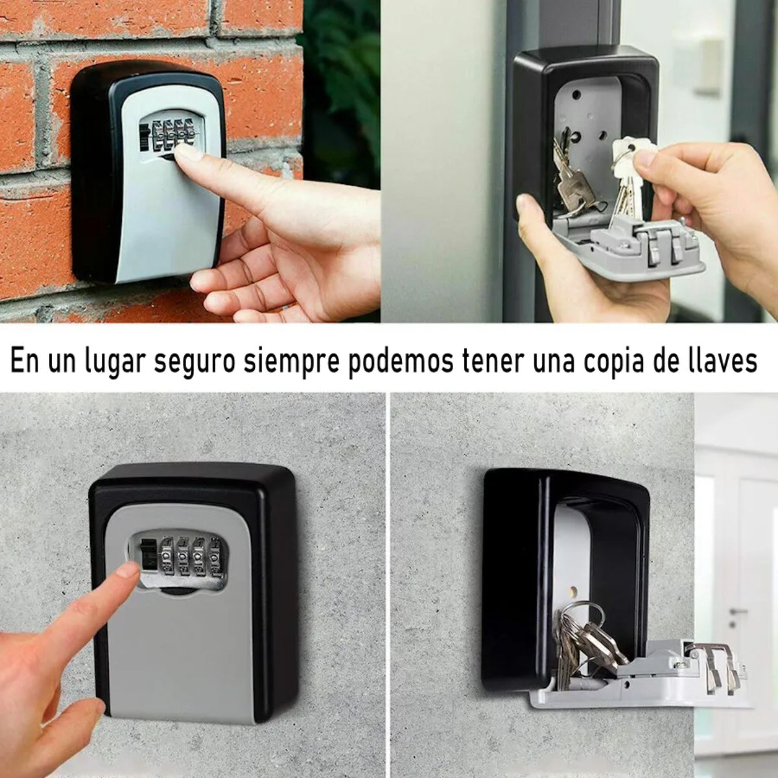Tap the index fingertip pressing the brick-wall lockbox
(x=188, y=154)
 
